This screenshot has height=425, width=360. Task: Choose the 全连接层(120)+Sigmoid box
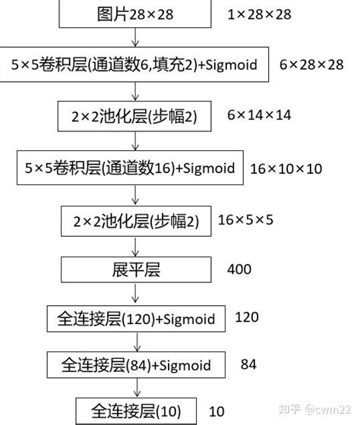[x=136, y=316]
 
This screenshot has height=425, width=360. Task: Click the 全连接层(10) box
[x=136, y=411]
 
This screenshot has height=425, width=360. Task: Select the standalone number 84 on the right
[x=248, y=364]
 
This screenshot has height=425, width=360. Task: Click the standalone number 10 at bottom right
[x=216, y=411]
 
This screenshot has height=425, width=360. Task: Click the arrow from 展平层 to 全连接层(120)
[x=135, y=292]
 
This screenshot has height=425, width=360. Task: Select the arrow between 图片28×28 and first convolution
[x=135, y=37]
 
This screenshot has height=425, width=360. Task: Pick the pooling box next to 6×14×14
[x=136, y=116]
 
